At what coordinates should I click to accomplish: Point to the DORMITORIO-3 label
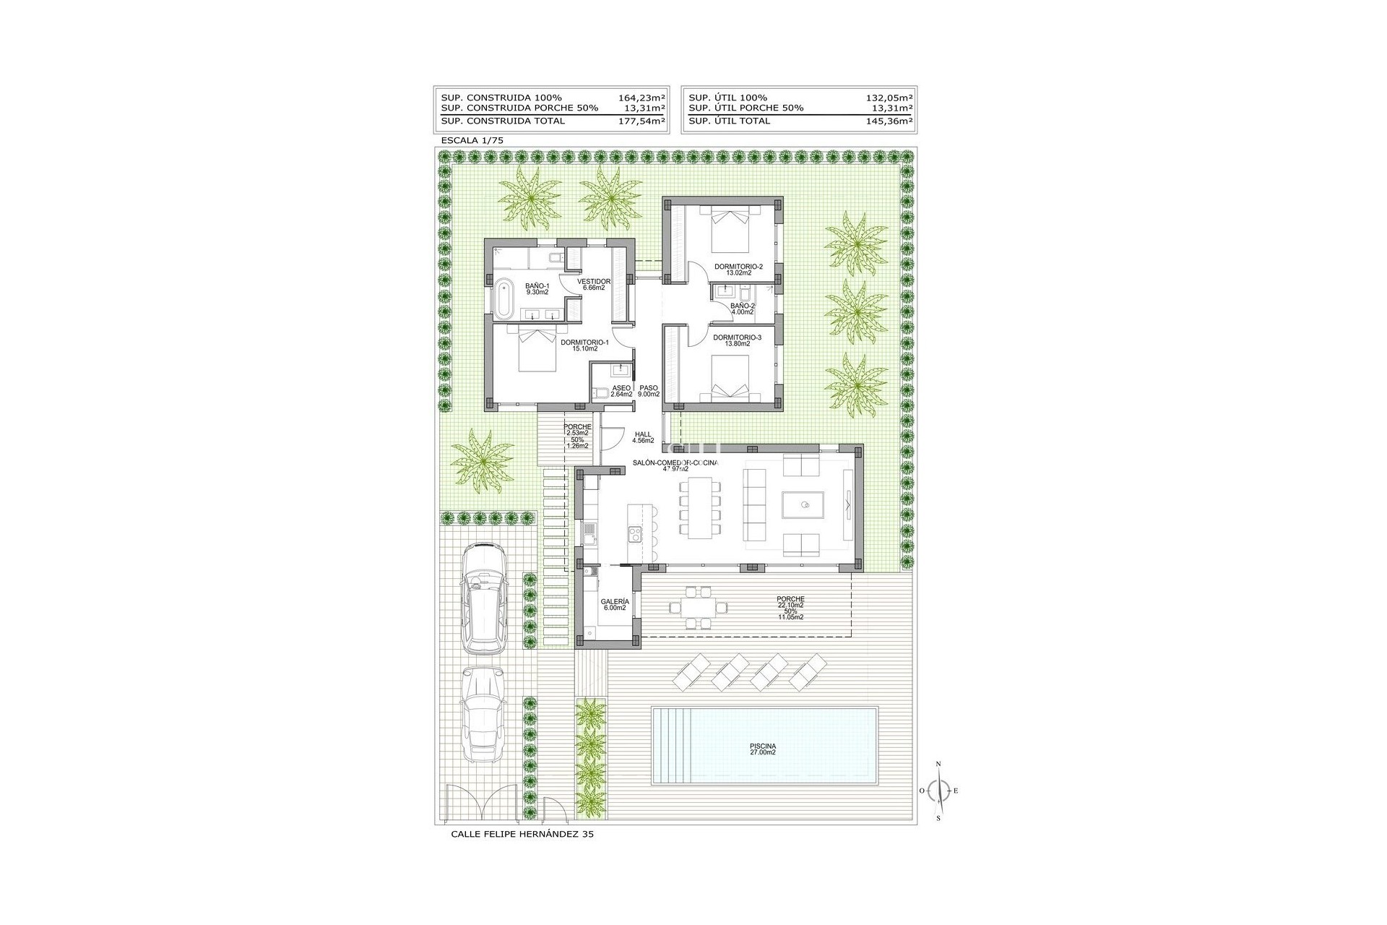click(737, 337)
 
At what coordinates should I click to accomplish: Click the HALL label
click(643, 435)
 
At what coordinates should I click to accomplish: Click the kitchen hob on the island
click(635, 534)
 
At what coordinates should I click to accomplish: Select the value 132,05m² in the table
click(889, 98)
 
